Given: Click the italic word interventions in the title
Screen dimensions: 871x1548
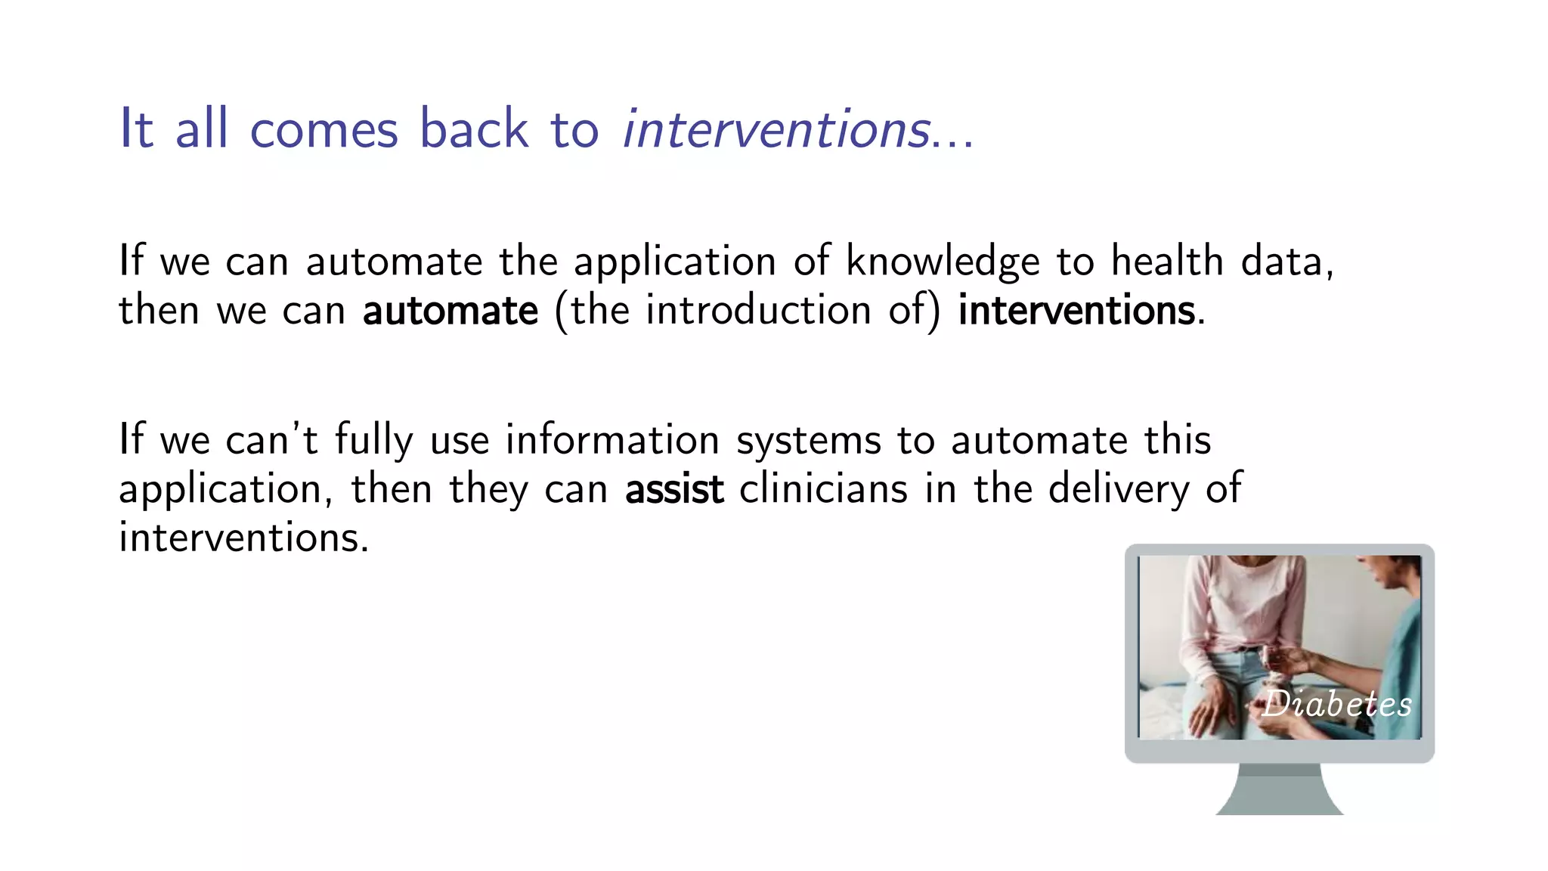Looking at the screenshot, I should [x=776, y=129].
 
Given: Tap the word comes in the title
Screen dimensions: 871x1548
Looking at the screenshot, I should [x=324, y=129].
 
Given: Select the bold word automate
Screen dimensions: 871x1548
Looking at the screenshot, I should [x=450, y=311].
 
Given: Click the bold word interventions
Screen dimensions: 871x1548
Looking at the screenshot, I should [x=1077, y=311].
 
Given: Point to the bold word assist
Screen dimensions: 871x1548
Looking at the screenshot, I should [x=674, y=489].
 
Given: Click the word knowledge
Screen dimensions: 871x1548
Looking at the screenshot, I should [x=943, y=262].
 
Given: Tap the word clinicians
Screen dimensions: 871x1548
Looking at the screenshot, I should [x=823, y=488].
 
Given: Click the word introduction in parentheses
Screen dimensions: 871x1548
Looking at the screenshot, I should [x=758, y=311].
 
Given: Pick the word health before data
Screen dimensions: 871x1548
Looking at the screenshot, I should [x=1167, y=262].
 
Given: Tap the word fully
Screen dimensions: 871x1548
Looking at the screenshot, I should [x=374, y=441].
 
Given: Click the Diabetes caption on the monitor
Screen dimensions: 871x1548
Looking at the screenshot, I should [x=1337, y=704].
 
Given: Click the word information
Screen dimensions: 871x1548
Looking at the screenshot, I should [x=612, y=440].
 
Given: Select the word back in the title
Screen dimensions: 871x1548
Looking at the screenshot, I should [x=473, y=129].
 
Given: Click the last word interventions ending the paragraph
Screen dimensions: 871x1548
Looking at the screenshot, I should [x=243, y=538].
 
